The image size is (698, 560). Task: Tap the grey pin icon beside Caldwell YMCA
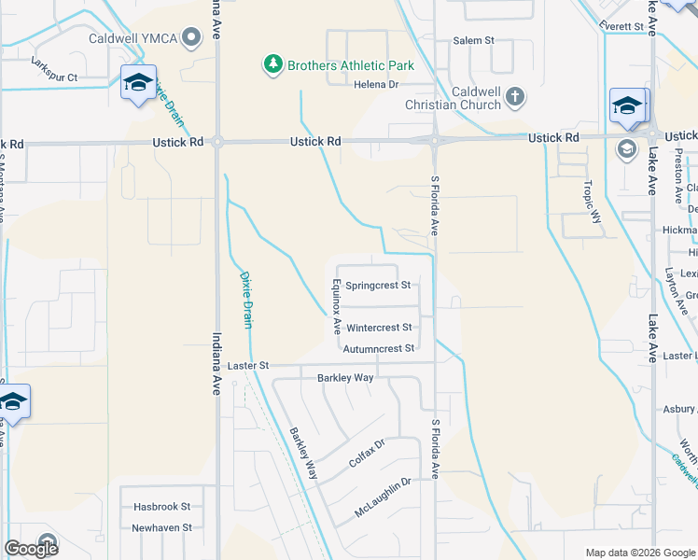pos(192,38)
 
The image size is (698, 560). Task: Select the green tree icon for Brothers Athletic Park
pos(272,64)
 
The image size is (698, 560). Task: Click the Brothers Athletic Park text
pos(350,65)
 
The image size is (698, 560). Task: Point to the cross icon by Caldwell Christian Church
pos(515,97)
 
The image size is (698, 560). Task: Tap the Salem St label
pos(473,41)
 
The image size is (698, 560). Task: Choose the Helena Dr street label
pos(376,84)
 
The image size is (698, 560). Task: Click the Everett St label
pos(622,26)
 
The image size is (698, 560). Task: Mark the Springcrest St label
pos(378,285)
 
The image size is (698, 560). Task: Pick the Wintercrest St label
pos(379,328)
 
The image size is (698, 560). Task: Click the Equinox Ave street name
pos(336,307)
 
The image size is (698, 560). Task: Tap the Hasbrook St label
pos(161,507)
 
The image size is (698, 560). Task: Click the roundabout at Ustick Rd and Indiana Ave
pos(217,142)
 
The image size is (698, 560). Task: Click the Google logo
pos(32,549)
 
